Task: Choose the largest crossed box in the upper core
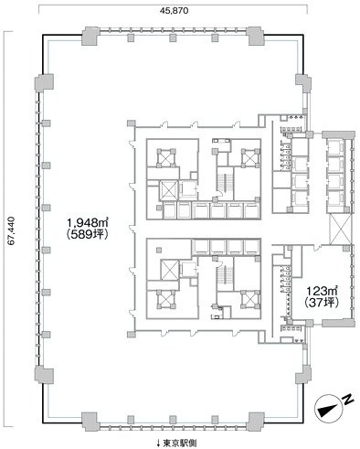pyautogui.click(x=170, y=190)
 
